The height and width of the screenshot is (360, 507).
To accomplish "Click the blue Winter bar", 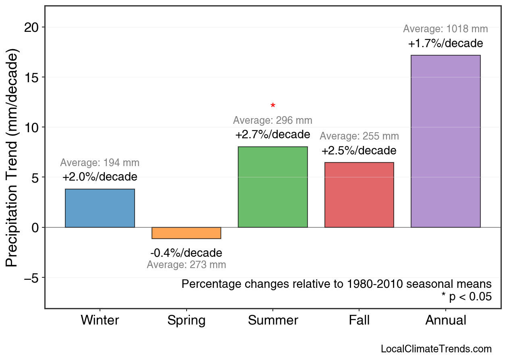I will coord(100,208).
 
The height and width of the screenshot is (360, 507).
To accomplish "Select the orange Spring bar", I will coord(186,233).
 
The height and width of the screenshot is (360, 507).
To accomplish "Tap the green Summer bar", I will coord(273,187).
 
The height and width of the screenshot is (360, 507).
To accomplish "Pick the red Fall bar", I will coord(359,195).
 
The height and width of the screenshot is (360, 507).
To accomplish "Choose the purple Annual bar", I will coord(445,141).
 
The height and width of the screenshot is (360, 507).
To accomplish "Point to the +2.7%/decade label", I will coord(273,134).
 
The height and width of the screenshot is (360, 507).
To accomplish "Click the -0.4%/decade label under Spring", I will coord(186,253).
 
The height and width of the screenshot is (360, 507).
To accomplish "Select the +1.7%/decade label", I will coord(445,43).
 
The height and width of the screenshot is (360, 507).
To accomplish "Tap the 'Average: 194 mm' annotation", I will coord(100,163).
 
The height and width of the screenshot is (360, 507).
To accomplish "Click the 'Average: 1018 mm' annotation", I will coord(445,29).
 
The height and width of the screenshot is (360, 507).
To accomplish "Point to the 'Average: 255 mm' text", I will coord(359,136).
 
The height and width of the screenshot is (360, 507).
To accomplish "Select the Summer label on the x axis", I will coord(273,320).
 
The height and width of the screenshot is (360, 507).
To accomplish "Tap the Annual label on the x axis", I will coord(445,320).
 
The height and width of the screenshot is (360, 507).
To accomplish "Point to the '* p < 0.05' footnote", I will coord(466,297).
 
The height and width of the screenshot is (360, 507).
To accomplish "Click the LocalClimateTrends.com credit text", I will coord(436,349).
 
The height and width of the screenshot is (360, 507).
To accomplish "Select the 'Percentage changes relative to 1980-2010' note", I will coord(337,284).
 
